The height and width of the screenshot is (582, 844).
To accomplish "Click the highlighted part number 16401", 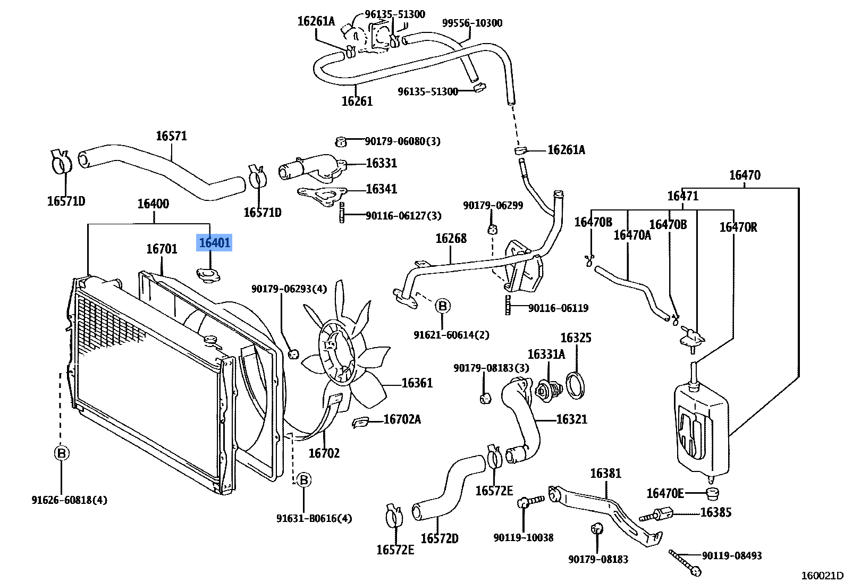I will coord(214,243).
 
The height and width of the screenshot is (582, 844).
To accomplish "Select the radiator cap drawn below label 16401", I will coord(208,275).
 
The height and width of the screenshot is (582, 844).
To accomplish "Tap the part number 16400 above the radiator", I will coord(153,204).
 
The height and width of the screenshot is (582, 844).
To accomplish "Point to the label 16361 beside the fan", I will coord(417,383).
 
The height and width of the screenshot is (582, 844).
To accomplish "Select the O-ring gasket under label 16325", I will coord(576,385).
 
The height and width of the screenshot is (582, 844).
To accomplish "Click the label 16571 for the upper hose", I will coord(171,136).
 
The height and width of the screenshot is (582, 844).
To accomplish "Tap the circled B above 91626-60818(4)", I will coord(62,453).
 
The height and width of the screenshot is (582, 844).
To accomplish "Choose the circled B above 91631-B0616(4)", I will coord(303,480).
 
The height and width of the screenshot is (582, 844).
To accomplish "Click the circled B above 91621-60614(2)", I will coord(442,306).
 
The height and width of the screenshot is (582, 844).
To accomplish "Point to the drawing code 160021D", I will coord(822,575).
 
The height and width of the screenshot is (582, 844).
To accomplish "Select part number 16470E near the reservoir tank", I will coord(665,494).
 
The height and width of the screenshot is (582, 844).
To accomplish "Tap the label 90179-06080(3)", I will coord(402,141).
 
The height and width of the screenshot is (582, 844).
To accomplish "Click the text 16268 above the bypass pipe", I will coord(451,239).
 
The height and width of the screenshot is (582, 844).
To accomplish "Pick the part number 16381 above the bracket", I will coord(605,474).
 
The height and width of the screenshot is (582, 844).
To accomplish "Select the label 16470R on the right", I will coord(738,227).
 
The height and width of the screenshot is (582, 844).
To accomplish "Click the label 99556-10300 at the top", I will coord(472,23).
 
